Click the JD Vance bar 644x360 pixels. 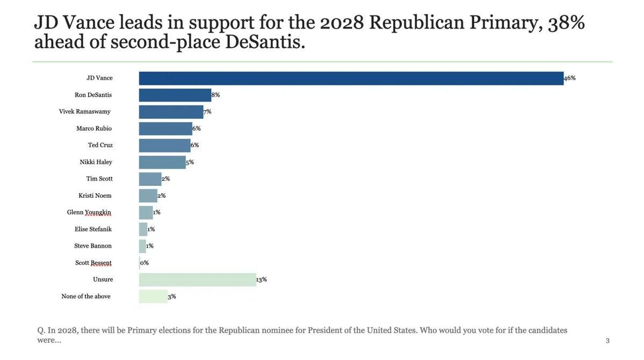point(351,78)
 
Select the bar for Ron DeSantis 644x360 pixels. point(175,95)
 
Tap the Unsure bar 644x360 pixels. point(197,280)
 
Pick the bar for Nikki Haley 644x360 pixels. point(162,162)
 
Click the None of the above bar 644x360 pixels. point(153,297)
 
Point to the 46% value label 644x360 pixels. point(570,78)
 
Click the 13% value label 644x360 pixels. point(262,280)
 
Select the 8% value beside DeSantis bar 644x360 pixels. point(216,95)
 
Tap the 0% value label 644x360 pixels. point(144,263)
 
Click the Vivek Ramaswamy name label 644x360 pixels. point(85,112)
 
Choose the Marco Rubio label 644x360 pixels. point(94,129)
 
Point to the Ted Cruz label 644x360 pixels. point(100,146)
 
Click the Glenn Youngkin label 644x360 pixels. point(89,213)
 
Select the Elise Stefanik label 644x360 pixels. point(93,229)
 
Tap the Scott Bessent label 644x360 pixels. point(93,263)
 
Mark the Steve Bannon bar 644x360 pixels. point(142,246)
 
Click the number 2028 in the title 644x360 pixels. point(342,23)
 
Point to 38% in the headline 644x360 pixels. point(566,23)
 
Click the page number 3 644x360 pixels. point(607,341)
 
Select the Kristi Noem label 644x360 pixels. point(95,196)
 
